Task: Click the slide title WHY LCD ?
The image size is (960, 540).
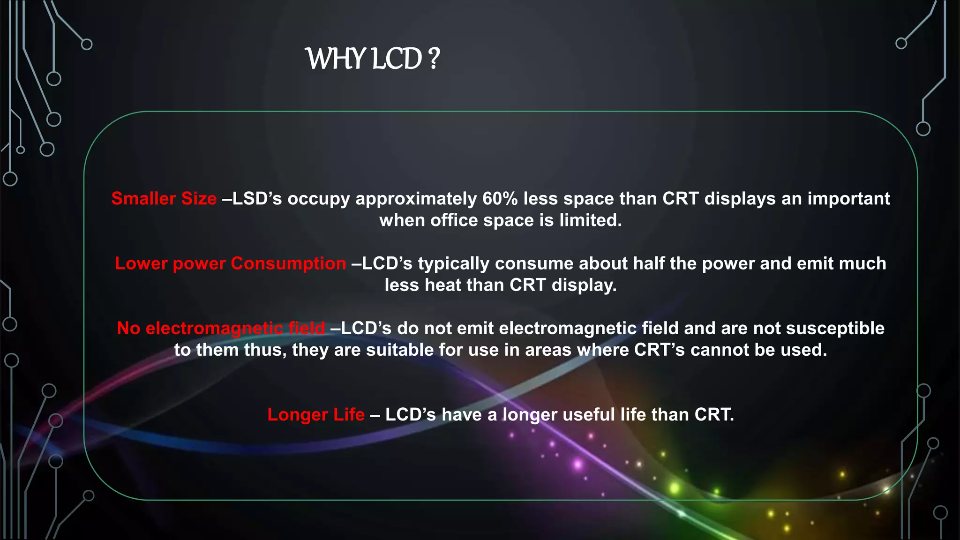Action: tap(373, 59)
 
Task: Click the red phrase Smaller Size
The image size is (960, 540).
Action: tap(164, 199)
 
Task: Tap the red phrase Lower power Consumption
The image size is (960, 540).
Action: tap(230, 263)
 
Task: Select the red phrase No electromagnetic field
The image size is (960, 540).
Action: tap(221, 328)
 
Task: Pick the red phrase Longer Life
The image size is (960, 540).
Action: tap(316, 415)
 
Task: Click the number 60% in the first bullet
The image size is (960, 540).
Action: tap(500, 199)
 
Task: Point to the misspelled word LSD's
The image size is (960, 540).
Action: tap(257, 199)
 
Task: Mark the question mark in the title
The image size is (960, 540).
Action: tap(435, 59)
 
